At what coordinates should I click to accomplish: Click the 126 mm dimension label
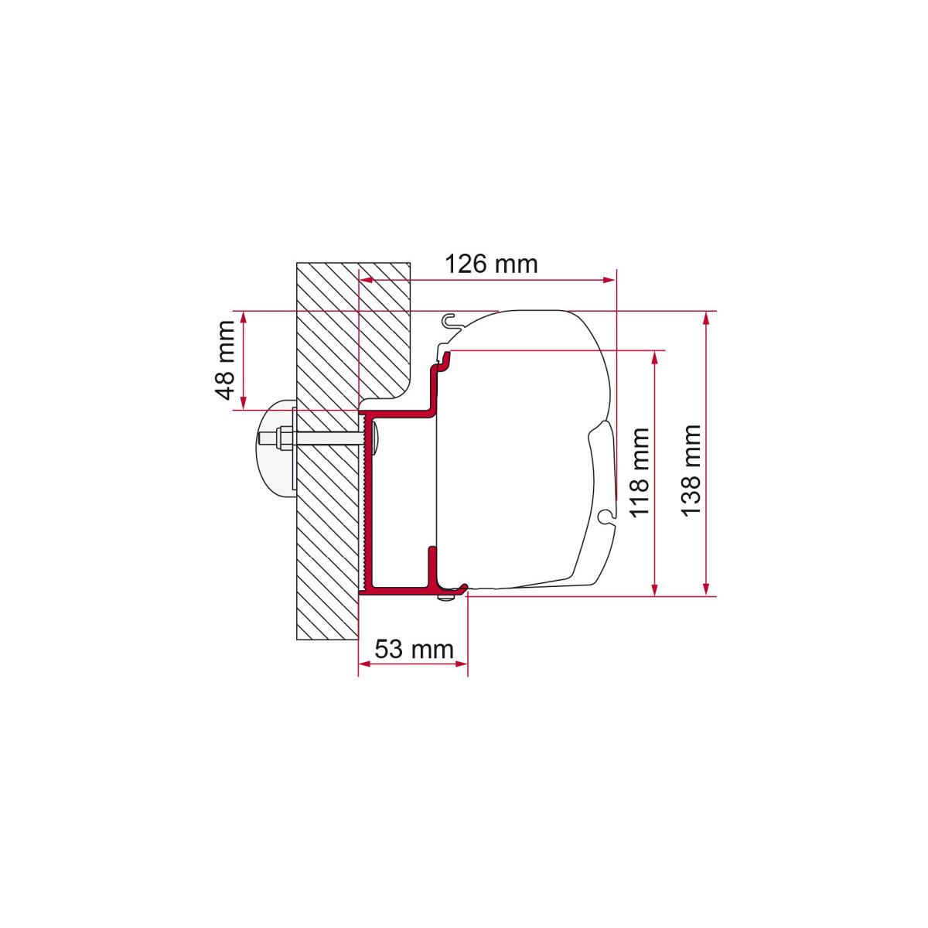[x=491, y=264]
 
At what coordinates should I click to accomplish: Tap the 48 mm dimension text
[x=225, y=360]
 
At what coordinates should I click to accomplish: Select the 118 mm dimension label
[x=640, y=473]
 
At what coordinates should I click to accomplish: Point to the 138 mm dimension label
[x=691, y=470]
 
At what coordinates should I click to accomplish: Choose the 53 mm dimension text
[x=415, y=649]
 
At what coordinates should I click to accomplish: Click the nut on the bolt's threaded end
[x=281, y=438]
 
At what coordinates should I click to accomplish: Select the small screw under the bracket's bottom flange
[x=446, y=598]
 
